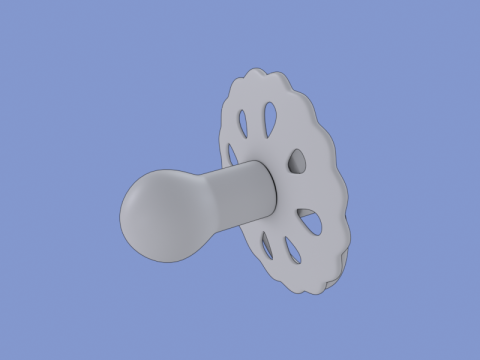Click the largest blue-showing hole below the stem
point(312,223)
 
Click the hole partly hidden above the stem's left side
point(231,155)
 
